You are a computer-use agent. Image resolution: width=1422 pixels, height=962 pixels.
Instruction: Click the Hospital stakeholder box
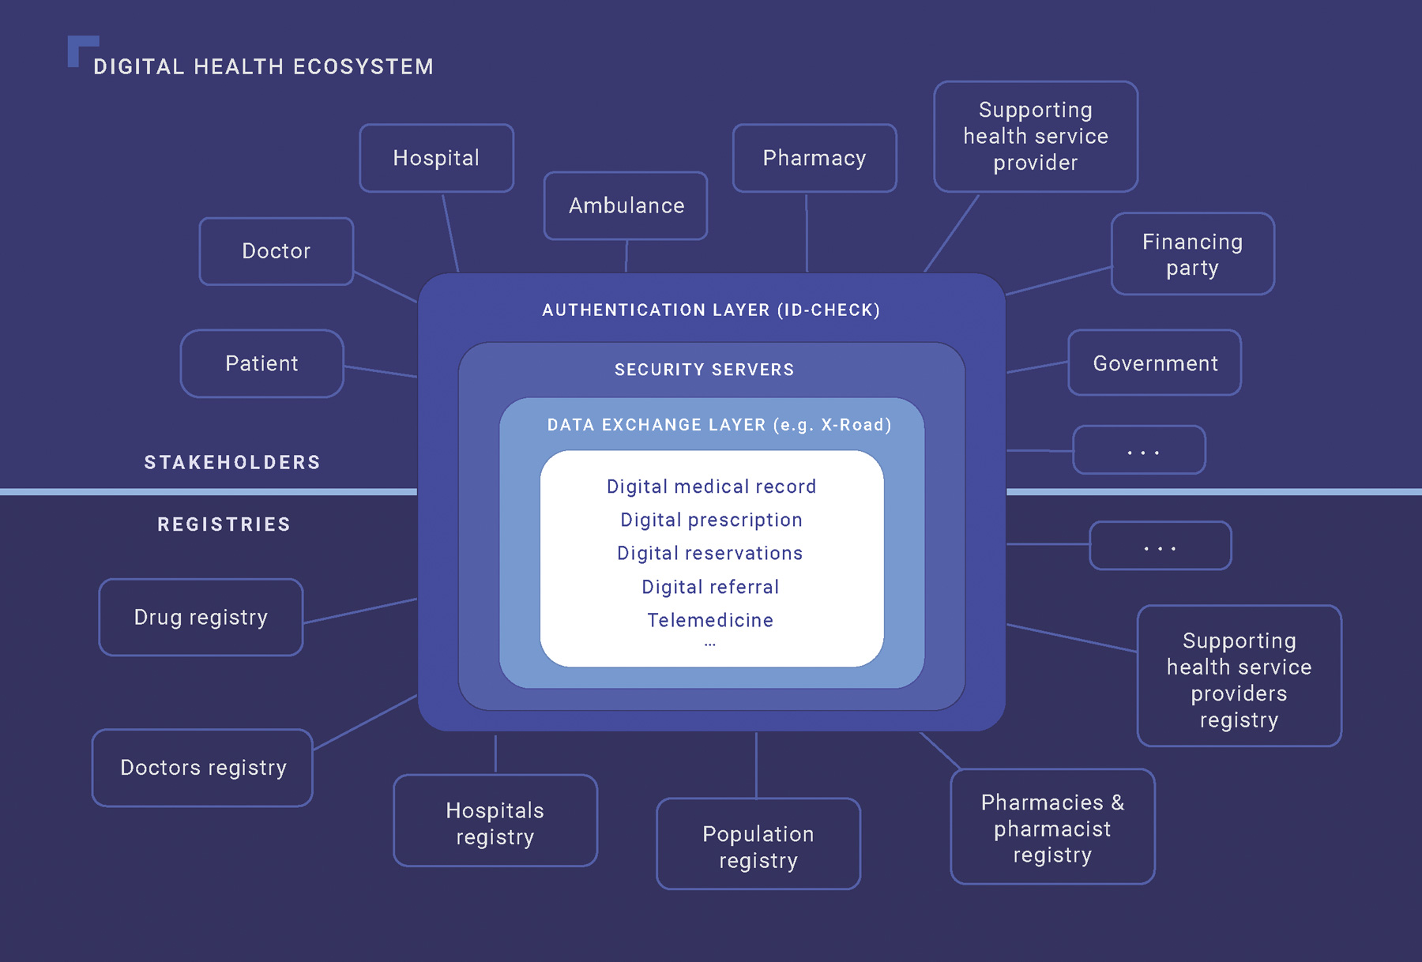436,158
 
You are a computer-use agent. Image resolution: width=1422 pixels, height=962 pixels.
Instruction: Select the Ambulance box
626,205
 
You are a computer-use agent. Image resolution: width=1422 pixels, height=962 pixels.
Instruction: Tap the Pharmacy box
814,158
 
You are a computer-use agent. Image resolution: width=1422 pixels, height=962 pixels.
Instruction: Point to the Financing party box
1192,254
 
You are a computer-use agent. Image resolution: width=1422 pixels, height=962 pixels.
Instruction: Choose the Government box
1154,363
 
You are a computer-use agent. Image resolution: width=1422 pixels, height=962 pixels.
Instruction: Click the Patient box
261,363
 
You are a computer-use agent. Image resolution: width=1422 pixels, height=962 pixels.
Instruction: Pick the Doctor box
276,251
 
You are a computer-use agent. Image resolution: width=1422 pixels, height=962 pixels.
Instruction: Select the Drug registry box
201,617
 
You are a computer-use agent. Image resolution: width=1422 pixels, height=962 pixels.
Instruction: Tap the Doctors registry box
202,768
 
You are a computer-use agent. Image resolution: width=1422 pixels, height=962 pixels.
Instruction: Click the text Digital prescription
711,520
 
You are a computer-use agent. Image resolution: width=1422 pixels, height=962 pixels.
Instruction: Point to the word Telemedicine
710,620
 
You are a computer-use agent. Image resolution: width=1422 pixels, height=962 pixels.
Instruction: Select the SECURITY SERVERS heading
704,370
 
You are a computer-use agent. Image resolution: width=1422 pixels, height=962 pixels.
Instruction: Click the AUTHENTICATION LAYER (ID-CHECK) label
711,310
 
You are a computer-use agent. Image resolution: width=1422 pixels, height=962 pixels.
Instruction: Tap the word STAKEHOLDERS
232,463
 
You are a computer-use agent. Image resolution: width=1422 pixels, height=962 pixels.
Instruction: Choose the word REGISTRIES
224,524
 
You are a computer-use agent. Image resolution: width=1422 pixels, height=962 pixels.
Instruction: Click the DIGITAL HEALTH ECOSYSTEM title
263,67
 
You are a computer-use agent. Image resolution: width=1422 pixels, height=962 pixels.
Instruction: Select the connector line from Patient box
381,371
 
